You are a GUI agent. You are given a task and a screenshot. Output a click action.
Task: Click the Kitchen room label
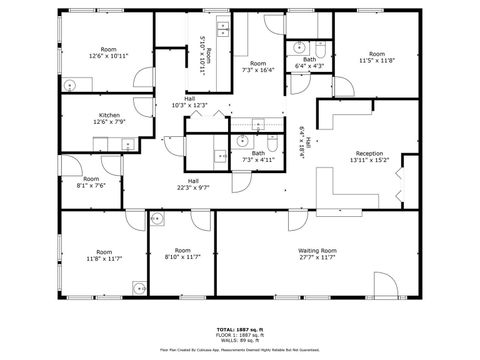110,115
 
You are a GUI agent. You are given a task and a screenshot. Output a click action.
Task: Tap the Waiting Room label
316,250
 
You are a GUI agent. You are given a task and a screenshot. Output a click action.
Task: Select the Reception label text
369,154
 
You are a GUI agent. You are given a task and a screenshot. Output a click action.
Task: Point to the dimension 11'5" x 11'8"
376,61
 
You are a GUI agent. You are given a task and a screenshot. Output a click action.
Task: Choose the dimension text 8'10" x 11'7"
182,257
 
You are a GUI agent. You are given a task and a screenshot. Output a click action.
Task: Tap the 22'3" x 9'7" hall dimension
193,187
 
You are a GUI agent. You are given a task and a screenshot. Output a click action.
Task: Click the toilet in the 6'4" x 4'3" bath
320,48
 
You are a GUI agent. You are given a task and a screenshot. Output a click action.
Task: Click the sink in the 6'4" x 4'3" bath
298,47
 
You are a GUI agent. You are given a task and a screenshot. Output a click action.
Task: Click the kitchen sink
127,145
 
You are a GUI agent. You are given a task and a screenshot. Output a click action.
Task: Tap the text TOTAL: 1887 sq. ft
240,328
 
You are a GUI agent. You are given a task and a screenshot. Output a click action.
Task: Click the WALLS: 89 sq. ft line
240,339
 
